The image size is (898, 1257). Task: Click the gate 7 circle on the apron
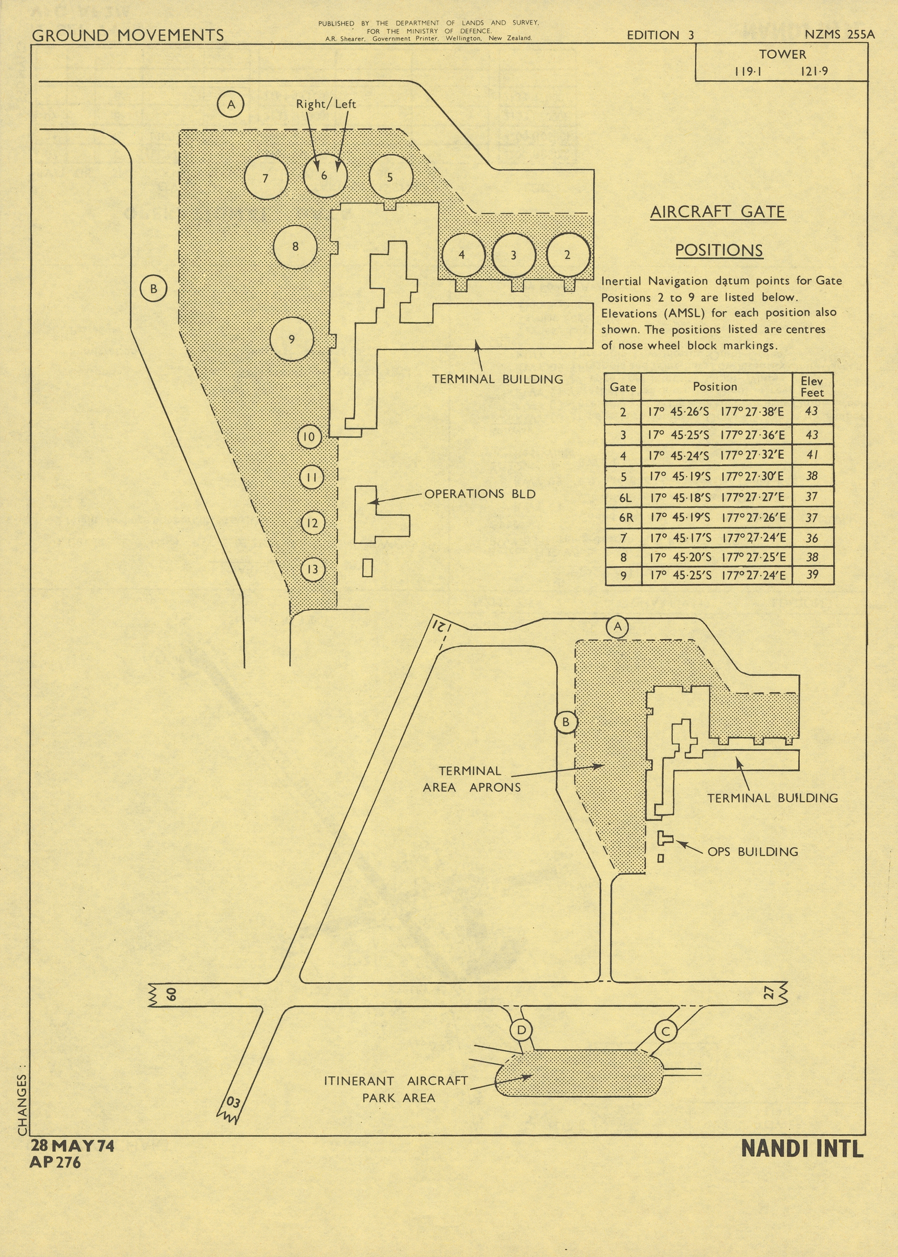coord(266,178)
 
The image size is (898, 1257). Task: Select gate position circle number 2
coord(568,255)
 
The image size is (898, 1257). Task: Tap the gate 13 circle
coord(313,569)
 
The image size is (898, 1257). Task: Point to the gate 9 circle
coord(292,339)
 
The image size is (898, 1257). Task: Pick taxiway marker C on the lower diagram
coord(666,1031)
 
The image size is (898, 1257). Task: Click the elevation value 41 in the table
coord(812,455)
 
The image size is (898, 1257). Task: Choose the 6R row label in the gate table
coord(626,518)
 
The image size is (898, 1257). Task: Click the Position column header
coord(715,387)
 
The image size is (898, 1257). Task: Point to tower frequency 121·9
coord(814,71)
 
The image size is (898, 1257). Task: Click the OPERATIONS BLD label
coord(480,494)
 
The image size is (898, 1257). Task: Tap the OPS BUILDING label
coord(753,852)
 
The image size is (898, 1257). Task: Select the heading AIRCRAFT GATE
coord(718,212)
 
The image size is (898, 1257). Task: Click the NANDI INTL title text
coord(802,1149)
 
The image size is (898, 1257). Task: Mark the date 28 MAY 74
coord(72,1146)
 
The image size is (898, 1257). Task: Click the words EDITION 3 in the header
coord(660,35)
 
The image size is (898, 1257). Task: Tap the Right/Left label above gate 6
coord(326,104)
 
